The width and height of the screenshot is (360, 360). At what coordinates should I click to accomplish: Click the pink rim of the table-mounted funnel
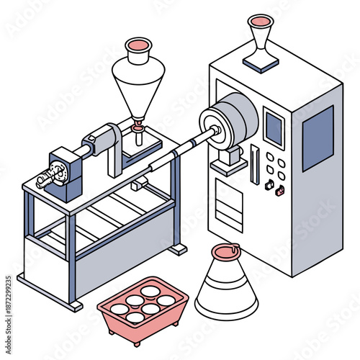pos(138,46)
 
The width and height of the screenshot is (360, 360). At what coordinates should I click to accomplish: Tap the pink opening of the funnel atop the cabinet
pos(260,22)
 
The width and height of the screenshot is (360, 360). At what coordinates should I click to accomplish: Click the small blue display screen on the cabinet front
pos(274,128)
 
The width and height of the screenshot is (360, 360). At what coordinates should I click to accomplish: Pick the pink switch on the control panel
pos(280,191)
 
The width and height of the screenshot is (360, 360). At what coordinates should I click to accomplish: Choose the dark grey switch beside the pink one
pos(269,185)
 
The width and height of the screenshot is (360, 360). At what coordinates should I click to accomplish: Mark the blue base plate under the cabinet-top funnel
pos(261,63)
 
